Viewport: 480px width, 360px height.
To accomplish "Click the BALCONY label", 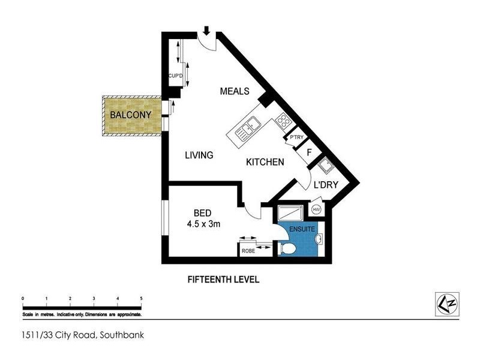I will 130,115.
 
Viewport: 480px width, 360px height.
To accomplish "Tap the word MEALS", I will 235,91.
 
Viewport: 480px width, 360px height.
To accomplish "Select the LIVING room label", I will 199,155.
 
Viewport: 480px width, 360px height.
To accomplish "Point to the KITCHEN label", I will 265,162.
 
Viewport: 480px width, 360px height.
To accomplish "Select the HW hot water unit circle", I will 316,209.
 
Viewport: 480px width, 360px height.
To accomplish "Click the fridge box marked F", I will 309,152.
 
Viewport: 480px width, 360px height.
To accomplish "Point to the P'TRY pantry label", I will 296,138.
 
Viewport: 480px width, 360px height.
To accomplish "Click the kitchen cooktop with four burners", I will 282,124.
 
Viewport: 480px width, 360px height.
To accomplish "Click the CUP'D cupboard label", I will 175,76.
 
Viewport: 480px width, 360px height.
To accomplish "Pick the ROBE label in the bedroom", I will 248,251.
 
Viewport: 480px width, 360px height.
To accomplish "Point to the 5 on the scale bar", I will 141,298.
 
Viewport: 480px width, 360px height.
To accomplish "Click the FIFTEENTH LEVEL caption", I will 223,280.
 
